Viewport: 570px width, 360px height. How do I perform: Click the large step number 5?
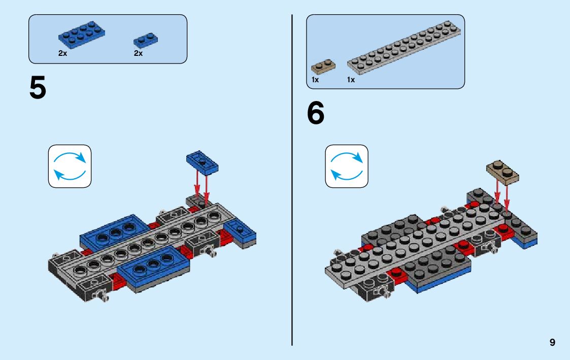[x=38, y=88]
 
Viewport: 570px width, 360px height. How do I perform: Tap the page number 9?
[x=552, y=343]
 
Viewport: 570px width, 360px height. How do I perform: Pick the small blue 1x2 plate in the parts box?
[x=146, y=41]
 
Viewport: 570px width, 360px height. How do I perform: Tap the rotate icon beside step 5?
[x=70, y=166]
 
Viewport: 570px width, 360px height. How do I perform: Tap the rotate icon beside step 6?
[x=347, y=166]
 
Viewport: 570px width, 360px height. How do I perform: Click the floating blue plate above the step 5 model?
[x=202, y=162]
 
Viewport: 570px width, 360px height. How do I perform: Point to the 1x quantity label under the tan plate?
[x=315, y=80]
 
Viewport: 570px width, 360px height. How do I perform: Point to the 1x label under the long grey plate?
[x=351, y=80]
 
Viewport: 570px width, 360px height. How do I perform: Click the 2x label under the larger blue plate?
[x=62, y=53]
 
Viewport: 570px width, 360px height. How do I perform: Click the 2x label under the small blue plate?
[x=138, y=53]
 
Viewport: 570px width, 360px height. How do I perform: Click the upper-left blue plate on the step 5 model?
[x=114, y=231]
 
